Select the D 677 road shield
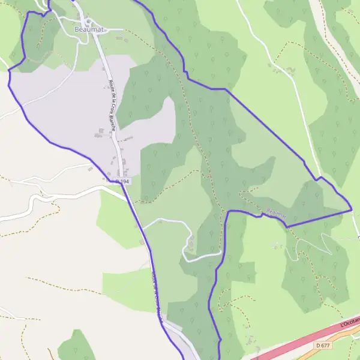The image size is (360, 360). pyautogui.click(x=322, y=345)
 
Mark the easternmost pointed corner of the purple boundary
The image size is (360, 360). pyautogui.click(x=351, y=209)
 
